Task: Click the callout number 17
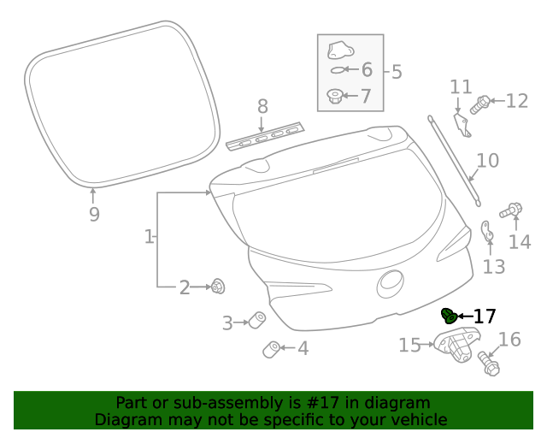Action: tap(485, 317)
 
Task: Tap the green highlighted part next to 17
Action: tap(449, 316)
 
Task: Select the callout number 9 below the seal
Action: tap(94, 214)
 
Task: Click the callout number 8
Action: tap(262, 106)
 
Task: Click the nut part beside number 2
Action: tap(217, 287)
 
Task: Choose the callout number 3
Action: tap(227, 323)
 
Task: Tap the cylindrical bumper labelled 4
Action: tap(271, 349)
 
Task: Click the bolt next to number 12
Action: tap(479, 104)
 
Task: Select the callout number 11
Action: tap(461, 86)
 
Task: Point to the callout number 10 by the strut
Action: tap(487, 160)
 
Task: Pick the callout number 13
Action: tap(494, 267)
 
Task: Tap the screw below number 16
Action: tap(490, 363)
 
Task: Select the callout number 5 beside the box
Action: tap(396, 71)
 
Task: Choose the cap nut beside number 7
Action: tap(336, 95)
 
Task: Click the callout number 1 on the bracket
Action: tap(149, 236)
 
